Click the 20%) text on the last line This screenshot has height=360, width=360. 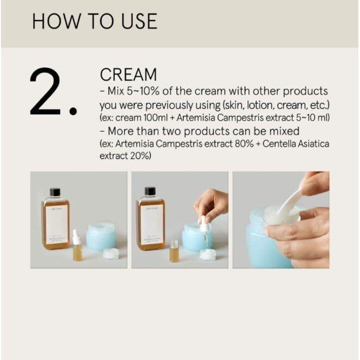point(141,156)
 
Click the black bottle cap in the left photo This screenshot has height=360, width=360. point(55,192)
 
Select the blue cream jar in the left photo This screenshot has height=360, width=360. point(101,237)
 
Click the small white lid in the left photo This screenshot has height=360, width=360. point(111,253)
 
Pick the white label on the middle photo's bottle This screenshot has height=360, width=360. point(150,224)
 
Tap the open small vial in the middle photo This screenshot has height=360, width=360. point(175,251)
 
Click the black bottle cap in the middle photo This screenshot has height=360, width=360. point(150,191)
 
